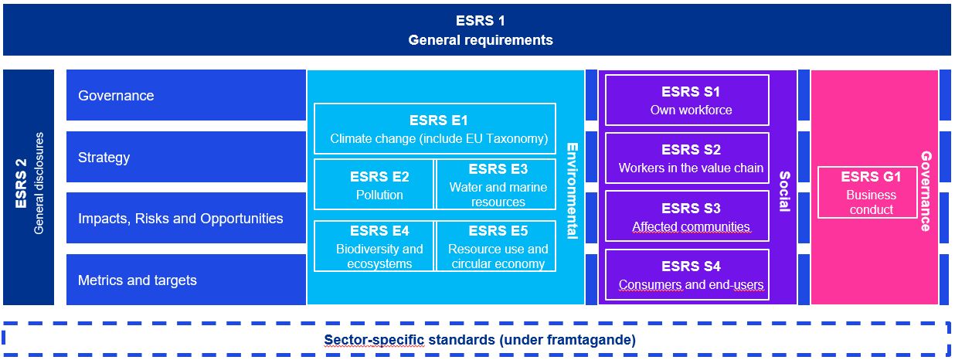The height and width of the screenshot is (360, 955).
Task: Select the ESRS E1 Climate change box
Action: [x=434, y=129]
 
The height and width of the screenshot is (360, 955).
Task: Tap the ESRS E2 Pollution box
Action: [x=374, y=185]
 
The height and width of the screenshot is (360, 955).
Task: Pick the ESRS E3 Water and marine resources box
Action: [x=495, y=185]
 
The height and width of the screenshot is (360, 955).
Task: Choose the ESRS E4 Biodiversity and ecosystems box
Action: [x=374, y=246]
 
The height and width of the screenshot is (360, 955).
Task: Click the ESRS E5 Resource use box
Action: [x=495, y=246]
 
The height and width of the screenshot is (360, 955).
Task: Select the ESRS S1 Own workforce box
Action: [x=687, y=100]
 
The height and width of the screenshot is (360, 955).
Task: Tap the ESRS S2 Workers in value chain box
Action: [x=687, y=158]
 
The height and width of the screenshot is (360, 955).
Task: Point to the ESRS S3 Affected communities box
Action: [x=687, y=217]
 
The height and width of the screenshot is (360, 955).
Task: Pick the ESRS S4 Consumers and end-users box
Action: [x=687, y=275]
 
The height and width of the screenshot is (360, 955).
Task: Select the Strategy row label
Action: [x=104, y=158]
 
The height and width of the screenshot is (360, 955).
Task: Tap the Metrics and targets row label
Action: [x=138, y=280]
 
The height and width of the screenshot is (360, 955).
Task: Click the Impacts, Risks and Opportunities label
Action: [x=181, y=219]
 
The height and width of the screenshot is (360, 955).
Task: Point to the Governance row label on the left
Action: [x=116, y=96]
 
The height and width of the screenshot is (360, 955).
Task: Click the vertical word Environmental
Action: [x=572, y=190]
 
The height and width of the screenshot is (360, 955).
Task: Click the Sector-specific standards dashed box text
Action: [x=480, y=340]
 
